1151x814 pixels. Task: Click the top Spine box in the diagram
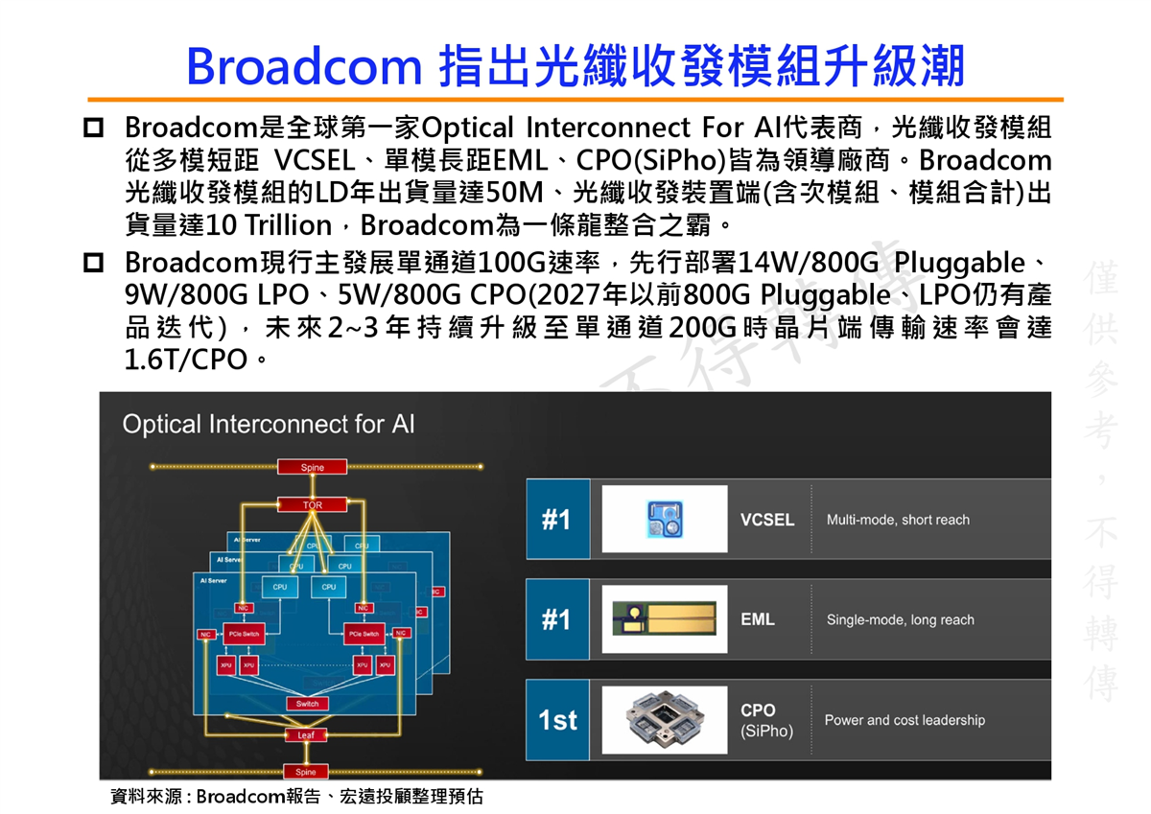[313, 467]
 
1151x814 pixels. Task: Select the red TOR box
[313, 504]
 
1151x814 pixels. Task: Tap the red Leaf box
[306, 734]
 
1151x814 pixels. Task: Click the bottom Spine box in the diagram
[306, 772]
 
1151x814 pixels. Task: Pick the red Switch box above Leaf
[307, 704]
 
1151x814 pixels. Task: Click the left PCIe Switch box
[243, 634]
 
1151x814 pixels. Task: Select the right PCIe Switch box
[364, 634]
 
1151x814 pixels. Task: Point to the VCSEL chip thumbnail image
[664, 520]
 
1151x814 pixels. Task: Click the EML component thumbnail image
[664, 620]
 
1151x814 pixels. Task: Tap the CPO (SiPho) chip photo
[664, 720]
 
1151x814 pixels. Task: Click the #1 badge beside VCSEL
[556, 520]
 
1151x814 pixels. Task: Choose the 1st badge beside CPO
[557, 720]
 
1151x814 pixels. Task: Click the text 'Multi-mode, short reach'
[898, 520]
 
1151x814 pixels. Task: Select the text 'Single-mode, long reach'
[900, 620]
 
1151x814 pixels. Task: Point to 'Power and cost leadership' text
[904, 720]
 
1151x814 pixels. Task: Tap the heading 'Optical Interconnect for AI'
[269, 424]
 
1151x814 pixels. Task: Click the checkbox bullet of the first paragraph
[94, 128]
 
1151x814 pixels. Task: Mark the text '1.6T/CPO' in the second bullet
[182, 360]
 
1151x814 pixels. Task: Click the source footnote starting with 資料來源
[297, 797]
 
